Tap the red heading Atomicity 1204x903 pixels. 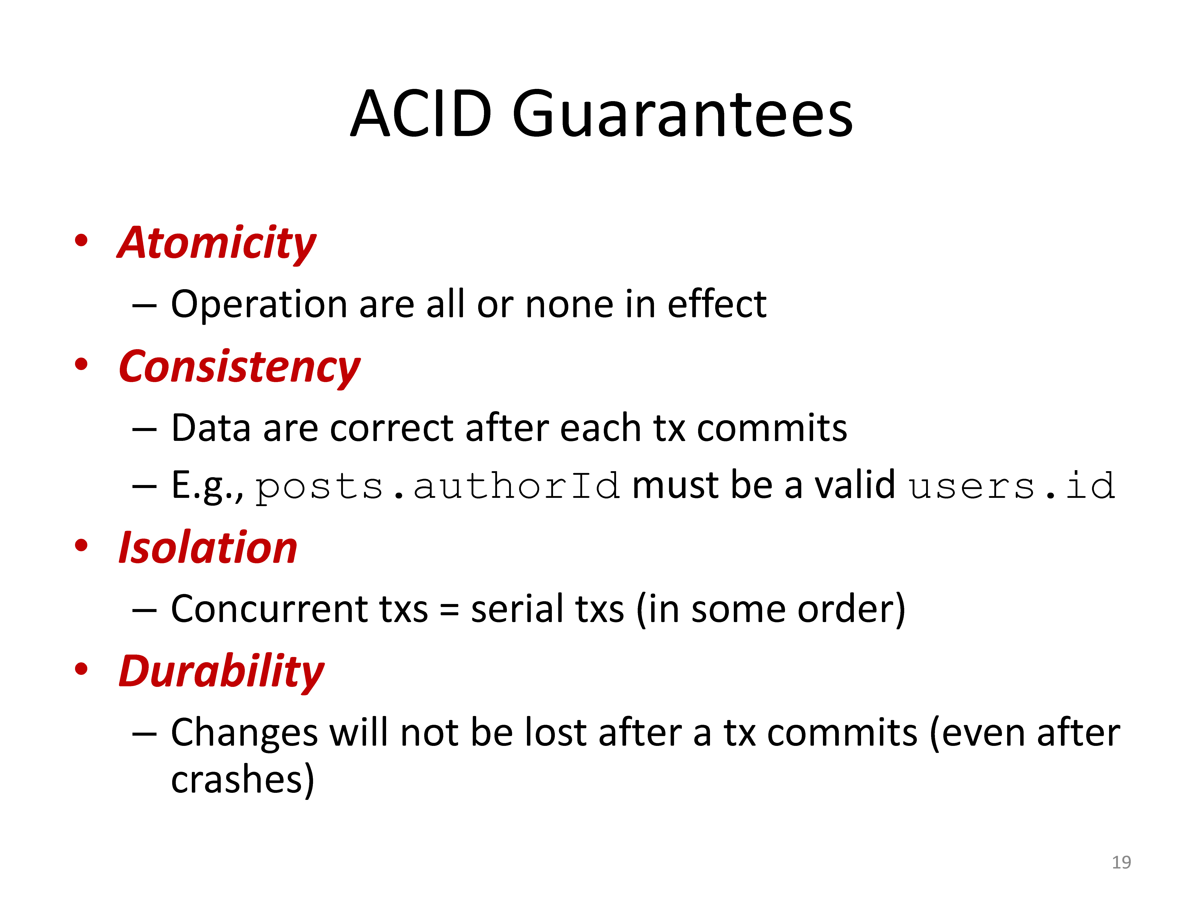point(217,243)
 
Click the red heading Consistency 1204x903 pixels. point(239,367)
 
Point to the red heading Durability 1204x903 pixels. point(222,672)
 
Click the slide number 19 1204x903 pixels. point(1121,862)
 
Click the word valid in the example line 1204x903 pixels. point(855,484)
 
